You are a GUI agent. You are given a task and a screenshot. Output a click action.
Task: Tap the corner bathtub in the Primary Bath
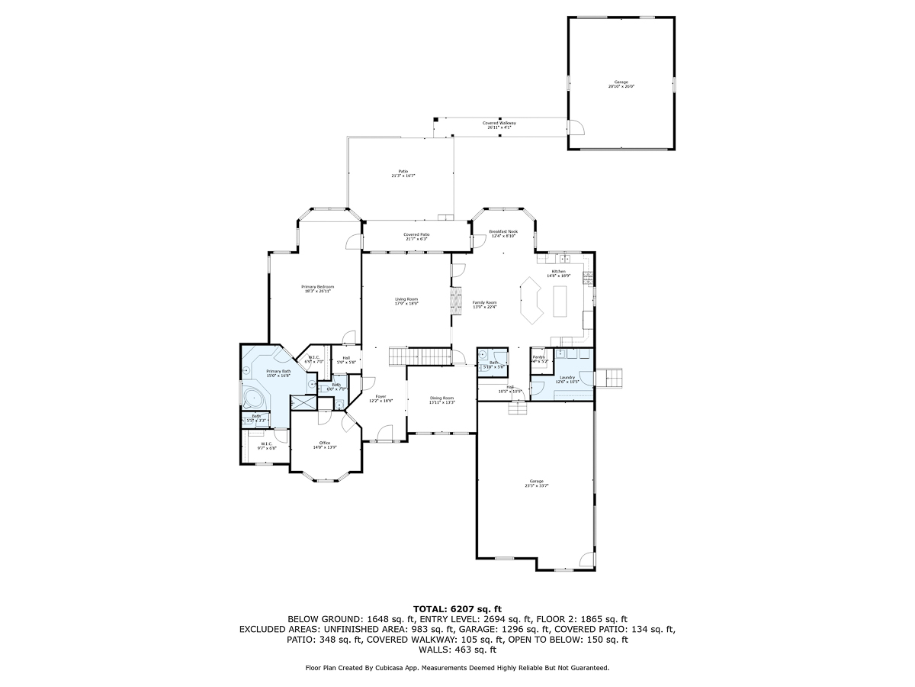tap(252, 398)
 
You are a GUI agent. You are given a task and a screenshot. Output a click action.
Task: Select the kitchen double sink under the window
tap(565, 258)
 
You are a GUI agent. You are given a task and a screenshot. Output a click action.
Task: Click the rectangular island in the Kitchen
tap(561, 301)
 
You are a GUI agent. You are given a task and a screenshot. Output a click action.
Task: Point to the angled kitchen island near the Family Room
tap(530, 299)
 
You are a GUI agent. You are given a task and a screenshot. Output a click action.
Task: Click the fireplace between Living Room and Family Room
tap(457, 299)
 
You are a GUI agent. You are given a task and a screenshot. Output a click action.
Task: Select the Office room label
tap(324, 443)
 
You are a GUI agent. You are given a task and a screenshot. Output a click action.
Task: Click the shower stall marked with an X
tap(303, 402)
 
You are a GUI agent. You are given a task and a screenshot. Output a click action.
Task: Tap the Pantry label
tap(538, 356)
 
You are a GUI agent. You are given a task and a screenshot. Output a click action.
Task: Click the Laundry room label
tap(567, 377)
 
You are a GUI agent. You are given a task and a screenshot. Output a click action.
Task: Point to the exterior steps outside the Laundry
tap(612, 378)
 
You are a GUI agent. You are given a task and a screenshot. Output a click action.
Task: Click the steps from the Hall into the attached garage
tap(518, 408)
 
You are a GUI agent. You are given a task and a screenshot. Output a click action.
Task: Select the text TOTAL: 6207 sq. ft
tap(457, 608)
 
